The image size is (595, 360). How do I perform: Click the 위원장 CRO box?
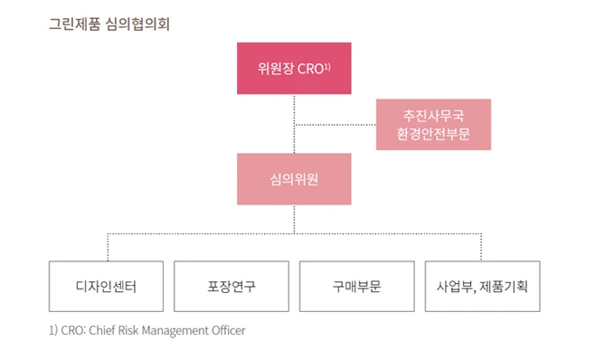pos(294,68)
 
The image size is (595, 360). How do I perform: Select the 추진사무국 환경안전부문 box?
pos(433,124)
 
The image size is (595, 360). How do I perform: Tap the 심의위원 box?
pos(294,178)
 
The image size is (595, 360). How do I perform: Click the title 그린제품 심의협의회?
pos(109,23)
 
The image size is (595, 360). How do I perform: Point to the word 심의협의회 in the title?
pos(137,23)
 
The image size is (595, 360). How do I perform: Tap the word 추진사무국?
pos(433,115)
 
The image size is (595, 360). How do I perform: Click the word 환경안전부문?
pos(433,134)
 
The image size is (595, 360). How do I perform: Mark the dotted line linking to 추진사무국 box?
pos(335,124)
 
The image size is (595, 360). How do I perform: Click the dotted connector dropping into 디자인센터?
pos(107,247)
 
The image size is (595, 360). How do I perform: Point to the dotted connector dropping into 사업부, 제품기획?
pos(481,247)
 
